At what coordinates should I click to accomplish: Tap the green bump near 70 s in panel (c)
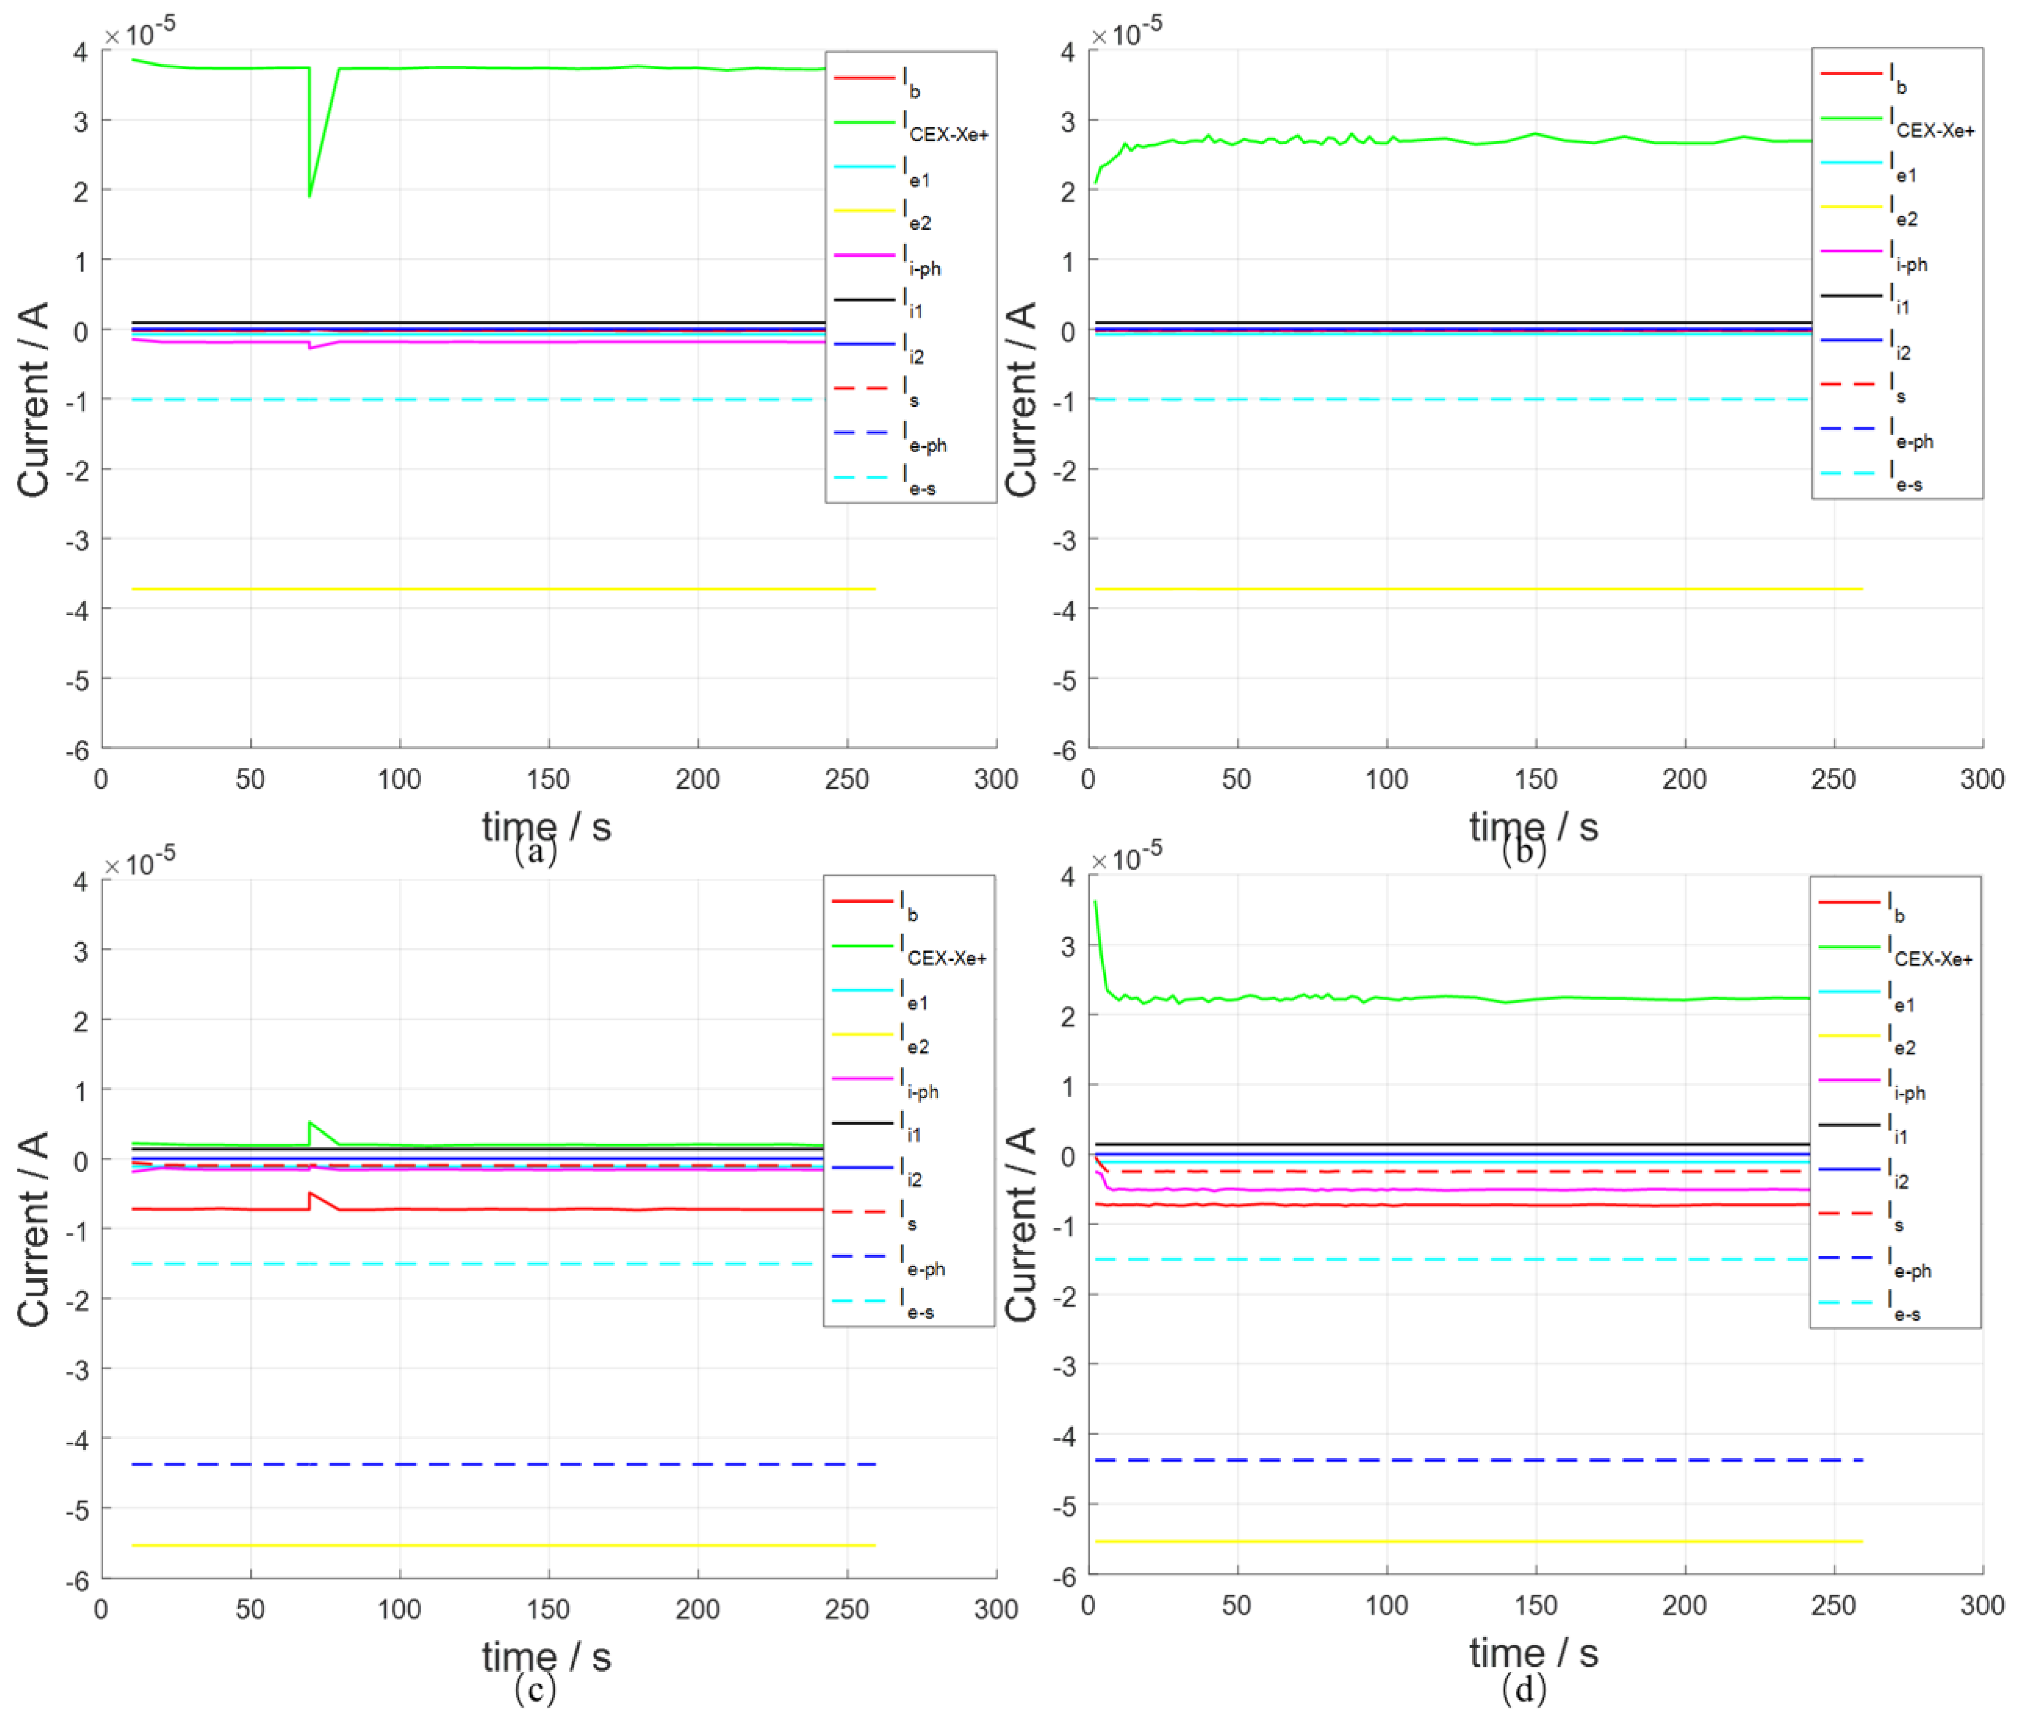click(x=310, y=1123)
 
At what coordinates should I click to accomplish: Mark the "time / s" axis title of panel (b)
click(x=1533, y=827)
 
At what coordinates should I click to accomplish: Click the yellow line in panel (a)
click(x=486, y=589)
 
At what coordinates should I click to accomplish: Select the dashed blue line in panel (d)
click(x=1458, y=1460)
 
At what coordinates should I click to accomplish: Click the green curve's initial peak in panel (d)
click(x=1096, y=904)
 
